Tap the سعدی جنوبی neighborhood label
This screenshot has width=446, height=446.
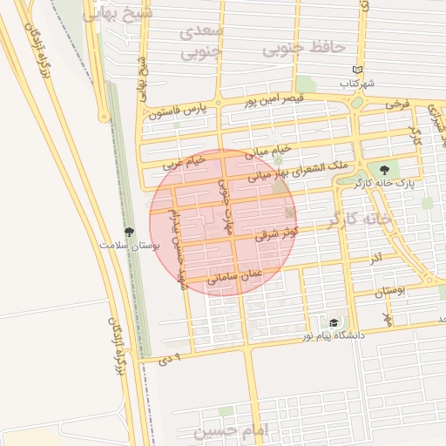[202, 42]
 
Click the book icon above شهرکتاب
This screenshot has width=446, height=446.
[357, 70]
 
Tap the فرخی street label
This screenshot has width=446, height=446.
[396, 104]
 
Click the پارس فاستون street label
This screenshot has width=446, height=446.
[180, 111]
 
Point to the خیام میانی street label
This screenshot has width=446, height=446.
[267, 154]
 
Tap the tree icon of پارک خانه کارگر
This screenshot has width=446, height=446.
[385, 170]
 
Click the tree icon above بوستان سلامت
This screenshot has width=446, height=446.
[130, 232]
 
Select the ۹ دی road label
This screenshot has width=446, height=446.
[170, 358]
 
